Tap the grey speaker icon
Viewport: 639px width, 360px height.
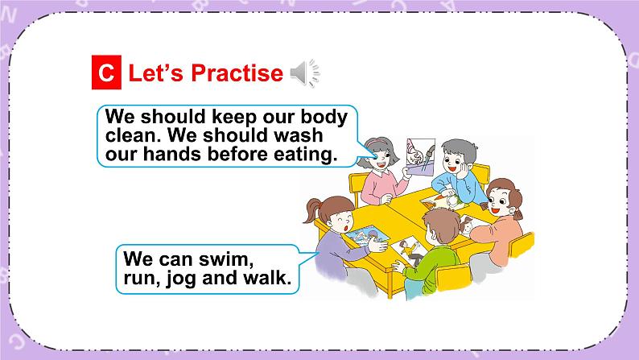pyautogui.click(x=303, y=73)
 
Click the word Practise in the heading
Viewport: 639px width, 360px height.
pyautogui.click(x=239, y=73)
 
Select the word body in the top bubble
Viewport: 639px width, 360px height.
pyautogui.click(x=323, y=117)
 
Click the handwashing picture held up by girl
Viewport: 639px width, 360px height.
pyautogui.click(x=423, y=156)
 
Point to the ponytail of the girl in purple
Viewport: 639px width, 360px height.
pyautogui.click(x=312, y=211)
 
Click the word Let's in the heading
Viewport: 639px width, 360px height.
pyautogui.click(x=158, y=73)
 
